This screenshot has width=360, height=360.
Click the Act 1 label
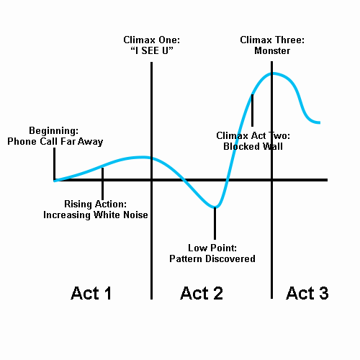click(91, 293)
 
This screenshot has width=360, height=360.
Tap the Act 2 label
click(202, 293)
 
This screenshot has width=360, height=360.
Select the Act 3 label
click(307, 293)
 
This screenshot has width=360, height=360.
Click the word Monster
click(272, 50)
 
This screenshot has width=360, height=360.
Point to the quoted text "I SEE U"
click(152, 50)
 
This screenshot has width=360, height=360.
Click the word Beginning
click(54, 131)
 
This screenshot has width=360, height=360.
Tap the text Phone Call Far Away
click(55, 141)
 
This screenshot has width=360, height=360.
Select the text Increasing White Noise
click(96, 215)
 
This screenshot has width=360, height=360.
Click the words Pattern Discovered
click(212, 258)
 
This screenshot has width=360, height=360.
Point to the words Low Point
click(212, 248)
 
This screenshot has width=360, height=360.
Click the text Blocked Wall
click(253, 146)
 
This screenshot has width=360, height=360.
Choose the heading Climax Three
click(272, 40)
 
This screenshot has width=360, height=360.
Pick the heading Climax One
click(152, 40)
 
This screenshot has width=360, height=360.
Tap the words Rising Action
click(96, 204)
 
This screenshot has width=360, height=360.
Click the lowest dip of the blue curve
click(215, 207)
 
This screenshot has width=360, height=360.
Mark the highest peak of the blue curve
click(272, 73)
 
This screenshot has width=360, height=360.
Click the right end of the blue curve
click(320, 122)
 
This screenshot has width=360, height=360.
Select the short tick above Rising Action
click(103, 184)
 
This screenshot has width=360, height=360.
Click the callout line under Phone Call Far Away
click(55, 164)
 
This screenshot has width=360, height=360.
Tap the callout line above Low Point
click(215, 223)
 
